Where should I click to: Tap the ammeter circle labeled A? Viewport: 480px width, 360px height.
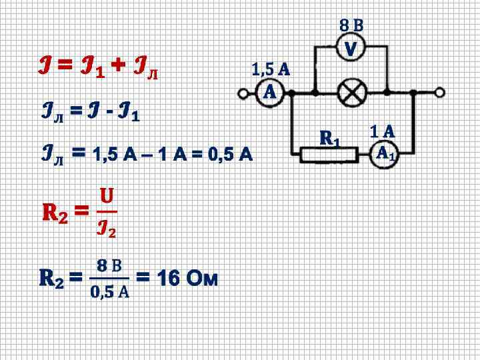[x=269, y=92]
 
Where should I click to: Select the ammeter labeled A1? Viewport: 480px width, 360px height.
[x=384, y=154]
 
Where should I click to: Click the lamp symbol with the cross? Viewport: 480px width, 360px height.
[x=351, y=92]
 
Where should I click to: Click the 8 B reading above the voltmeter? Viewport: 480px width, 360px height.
[x=351, y=26]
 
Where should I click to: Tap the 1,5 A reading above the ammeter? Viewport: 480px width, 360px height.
[x=270, y=69]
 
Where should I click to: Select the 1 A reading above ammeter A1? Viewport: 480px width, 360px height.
[x=383, y=131]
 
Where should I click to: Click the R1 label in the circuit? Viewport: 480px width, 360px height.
[x=329, y=138]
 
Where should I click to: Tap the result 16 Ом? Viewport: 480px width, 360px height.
[x=187, y=277]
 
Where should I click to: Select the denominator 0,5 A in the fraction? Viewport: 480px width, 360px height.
[x=110, y=292]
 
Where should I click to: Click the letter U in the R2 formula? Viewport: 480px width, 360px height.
[x=106, y=196]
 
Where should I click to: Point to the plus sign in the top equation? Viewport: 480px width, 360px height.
[x=117, y=65]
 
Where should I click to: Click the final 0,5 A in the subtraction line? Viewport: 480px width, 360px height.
[x=230, y=155]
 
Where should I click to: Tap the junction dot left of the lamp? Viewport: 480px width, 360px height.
[x=315, y=92]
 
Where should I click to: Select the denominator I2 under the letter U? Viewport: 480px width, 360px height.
[x=107, y=229]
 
